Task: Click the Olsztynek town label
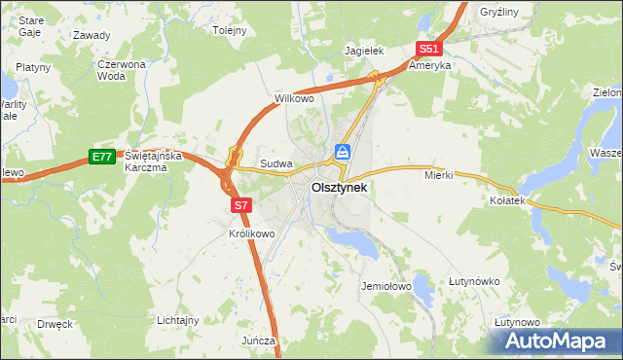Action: (x=339, y=188)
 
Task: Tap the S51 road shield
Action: (x=428, y=49)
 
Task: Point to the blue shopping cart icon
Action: (x=343, y=152)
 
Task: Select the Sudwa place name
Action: (x=275, y=164)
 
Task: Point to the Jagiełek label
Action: (x=366, y=51)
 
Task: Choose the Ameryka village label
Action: (x=429, y=66)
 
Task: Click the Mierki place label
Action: (x=440, y=176)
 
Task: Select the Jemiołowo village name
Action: (x=386, y=287)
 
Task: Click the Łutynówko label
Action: (x=474, y=282)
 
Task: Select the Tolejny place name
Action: (x=230, y=30)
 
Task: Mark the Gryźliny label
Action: (x=500, y=13)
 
